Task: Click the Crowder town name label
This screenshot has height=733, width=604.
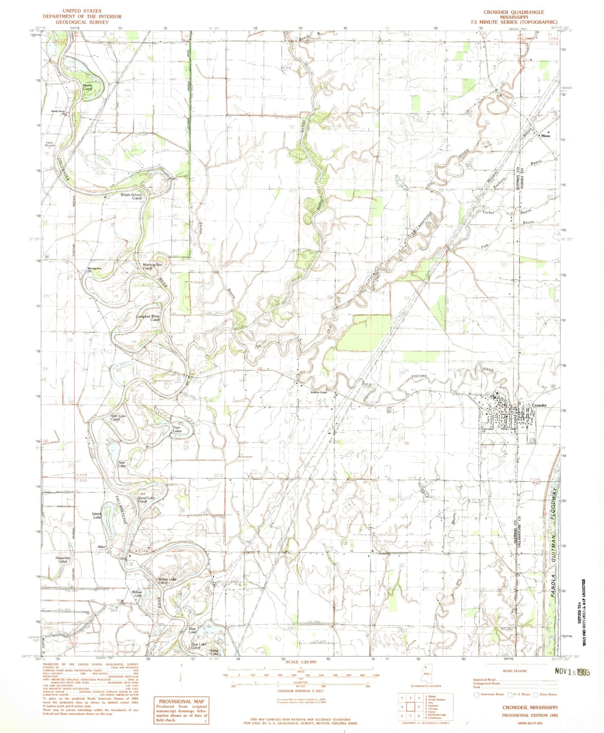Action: coord(539,405)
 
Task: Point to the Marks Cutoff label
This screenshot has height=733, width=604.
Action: coord(87,87)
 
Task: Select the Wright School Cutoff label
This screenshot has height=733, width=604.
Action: coord(132,196)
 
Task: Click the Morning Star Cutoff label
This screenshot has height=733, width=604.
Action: coord(153,266)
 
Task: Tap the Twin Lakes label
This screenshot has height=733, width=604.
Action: coord(177,429)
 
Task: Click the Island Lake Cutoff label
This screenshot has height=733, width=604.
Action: coord(145,500)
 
